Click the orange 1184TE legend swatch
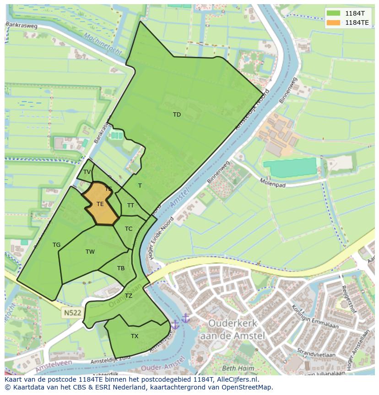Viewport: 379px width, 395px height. point(334,22)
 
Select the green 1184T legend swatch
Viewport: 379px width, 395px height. point(334,13)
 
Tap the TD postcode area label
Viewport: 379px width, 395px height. point(177,115)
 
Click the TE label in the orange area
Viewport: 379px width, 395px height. point(100,204)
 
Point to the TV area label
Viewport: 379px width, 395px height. point(87,172)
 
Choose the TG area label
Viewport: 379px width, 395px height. point(56,245)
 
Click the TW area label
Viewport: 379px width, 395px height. point(90,252)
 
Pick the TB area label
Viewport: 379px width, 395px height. point(121,268)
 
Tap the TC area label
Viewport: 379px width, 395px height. point(129,229)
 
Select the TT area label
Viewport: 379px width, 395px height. point(130,206)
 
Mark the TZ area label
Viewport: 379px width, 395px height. point(129,296)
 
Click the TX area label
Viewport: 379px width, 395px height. point(135,336)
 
